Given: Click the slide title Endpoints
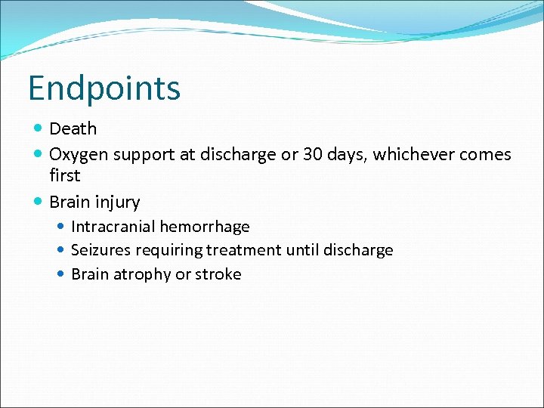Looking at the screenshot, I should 104,88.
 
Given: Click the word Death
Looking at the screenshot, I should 73,129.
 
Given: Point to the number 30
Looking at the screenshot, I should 314,155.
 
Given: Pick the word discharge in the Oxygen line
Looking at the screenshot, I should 236,155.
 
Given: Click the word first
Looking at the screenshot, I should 64,175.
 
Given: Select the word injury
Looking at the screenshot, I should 117,202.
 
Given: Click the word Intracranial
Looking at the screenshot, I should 113,227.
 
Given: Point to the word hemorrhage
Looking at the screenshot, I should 205,227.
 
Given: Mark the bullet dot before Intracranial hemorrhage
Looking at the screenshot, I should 61,227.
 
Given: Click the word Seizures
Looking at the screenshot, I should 100,250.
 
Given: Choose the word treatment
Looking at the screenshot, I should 242,250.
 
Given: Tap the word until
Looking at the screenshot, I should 302,250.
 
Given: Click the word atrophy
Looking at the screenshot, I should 141,274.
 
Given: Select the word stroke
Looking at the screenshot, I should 218,274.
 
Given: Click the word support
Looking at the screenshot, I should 144,155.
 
